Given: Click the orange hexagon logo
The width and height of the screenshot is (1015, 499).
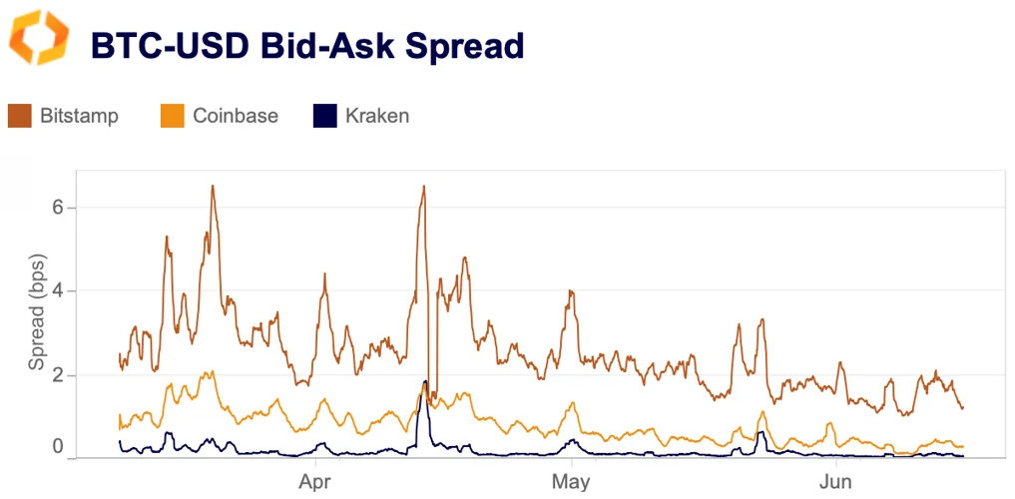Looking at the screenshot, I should (40, 38).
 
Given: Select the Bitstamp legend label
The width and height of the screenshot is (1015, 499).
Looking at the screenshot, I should (79, 116).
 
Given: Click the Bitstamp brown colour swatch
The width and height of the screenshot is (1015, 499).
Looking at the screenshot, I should (20, 116).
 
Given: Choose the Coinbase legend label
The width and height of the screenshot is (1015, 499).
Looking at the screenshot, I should (236, 116).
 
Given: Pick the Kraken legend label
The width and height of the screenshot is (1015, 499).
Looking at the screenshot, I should (376, 116).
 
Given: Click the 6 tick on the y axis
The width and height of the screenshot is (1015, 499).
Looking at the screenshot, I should (58, 207).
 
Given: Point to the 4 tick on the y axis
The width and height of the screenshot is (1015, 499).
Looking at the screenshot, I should (58, 290).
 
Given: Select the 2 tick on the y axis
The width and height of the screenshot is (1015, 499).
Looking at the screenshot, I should (58, 375).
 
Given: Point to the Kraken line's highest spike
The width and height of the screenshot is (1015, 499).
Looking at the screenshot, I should (425, 381).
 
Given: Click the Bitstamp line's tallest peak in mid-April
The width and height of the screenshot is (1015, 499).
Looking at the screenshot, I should (424, 187).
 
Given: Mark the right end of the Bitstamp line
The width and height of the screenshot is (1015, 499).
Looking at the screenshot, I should (962, 407).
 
